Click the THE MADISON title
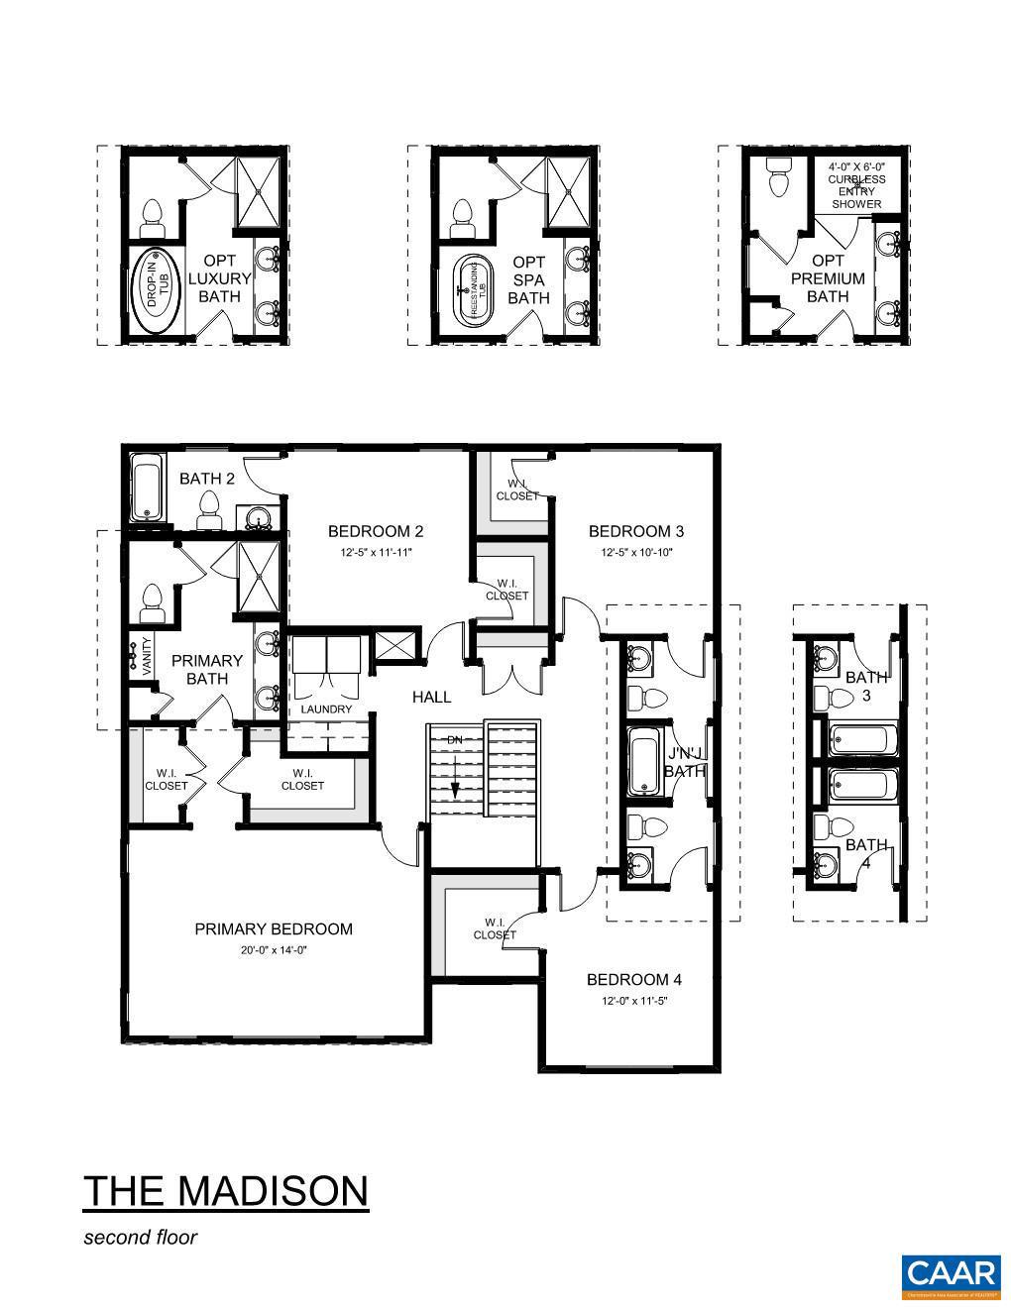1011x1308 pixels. coord(225,1190)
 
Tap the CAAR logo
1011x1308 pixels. coord(950,1275)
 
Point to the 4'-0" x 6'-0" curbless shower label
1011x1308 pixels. coord(855,184)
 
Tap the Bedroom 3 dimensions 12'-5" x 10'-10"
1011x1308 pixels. coord(635,552)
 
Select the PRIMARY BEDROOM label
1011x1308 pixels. coord(273,928)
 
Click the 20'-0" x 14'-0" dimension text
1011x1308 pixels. coord(273,949)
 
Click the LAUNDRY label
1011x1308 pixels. coord(326,709)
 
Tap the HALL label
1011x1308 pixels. coord(431,697)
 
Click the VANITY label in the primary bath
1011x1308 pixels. coord(148,657)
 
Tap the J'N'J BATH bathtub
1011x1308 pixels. coord(646,761)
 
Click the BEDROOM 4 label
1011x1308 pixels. coord(634,979)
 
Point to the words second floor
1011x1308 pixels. coord(140,1237)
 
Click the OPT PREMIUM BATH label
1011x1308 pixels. coord(828,278)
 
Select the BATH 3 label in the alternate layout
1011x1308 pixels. coord(865,687)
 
